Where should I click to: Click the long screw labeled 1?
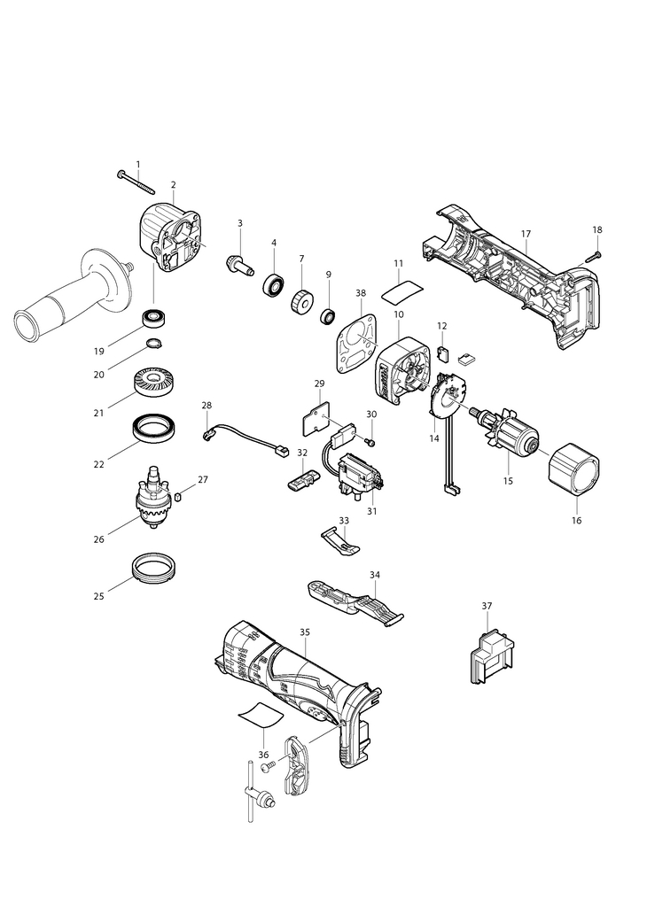pos(136,182)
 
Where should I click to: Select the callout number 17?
pos(526,234)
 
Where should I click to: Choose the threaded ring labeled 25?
pos(155,568)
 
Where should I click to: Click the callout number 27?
pos(202,479)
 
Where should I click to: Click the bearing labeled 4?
pos(274,284)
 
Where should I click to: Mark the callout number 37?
pos(487,606)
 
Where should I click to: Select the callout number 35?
pos(304,632)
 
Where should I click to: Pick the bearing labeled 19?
pos(155,319)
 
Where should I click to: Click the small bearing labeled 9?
pos(328,317)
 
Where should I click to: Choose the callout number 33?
pos(344,521)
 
